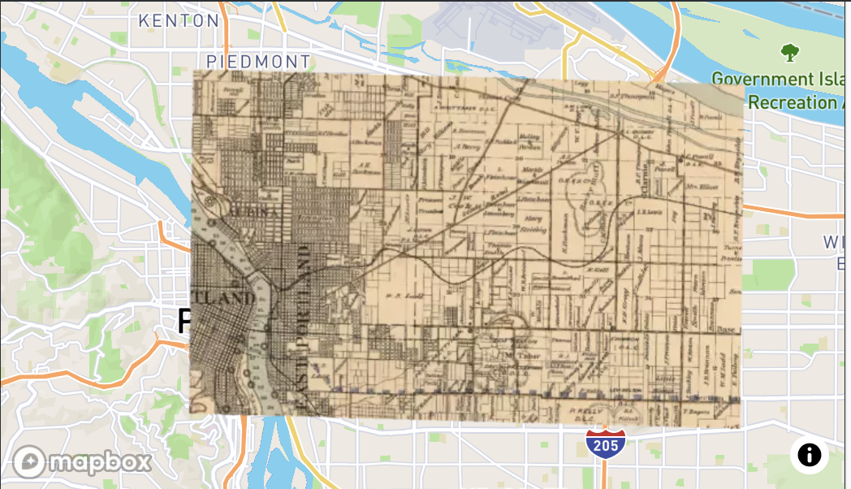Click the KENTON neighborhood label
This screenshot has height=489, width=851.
pos(179,20)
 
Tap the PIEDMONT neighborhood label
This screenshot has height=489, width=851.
pos(258,62)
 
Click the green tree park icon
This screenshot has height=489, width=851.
pos(789,54)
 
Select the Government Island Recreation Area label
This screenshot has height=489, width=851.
pos(780,91)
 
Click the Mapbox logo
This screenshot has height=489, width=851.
pos(83,462)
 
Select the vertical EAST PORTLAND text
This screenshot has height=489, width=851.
pos(300,325)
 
